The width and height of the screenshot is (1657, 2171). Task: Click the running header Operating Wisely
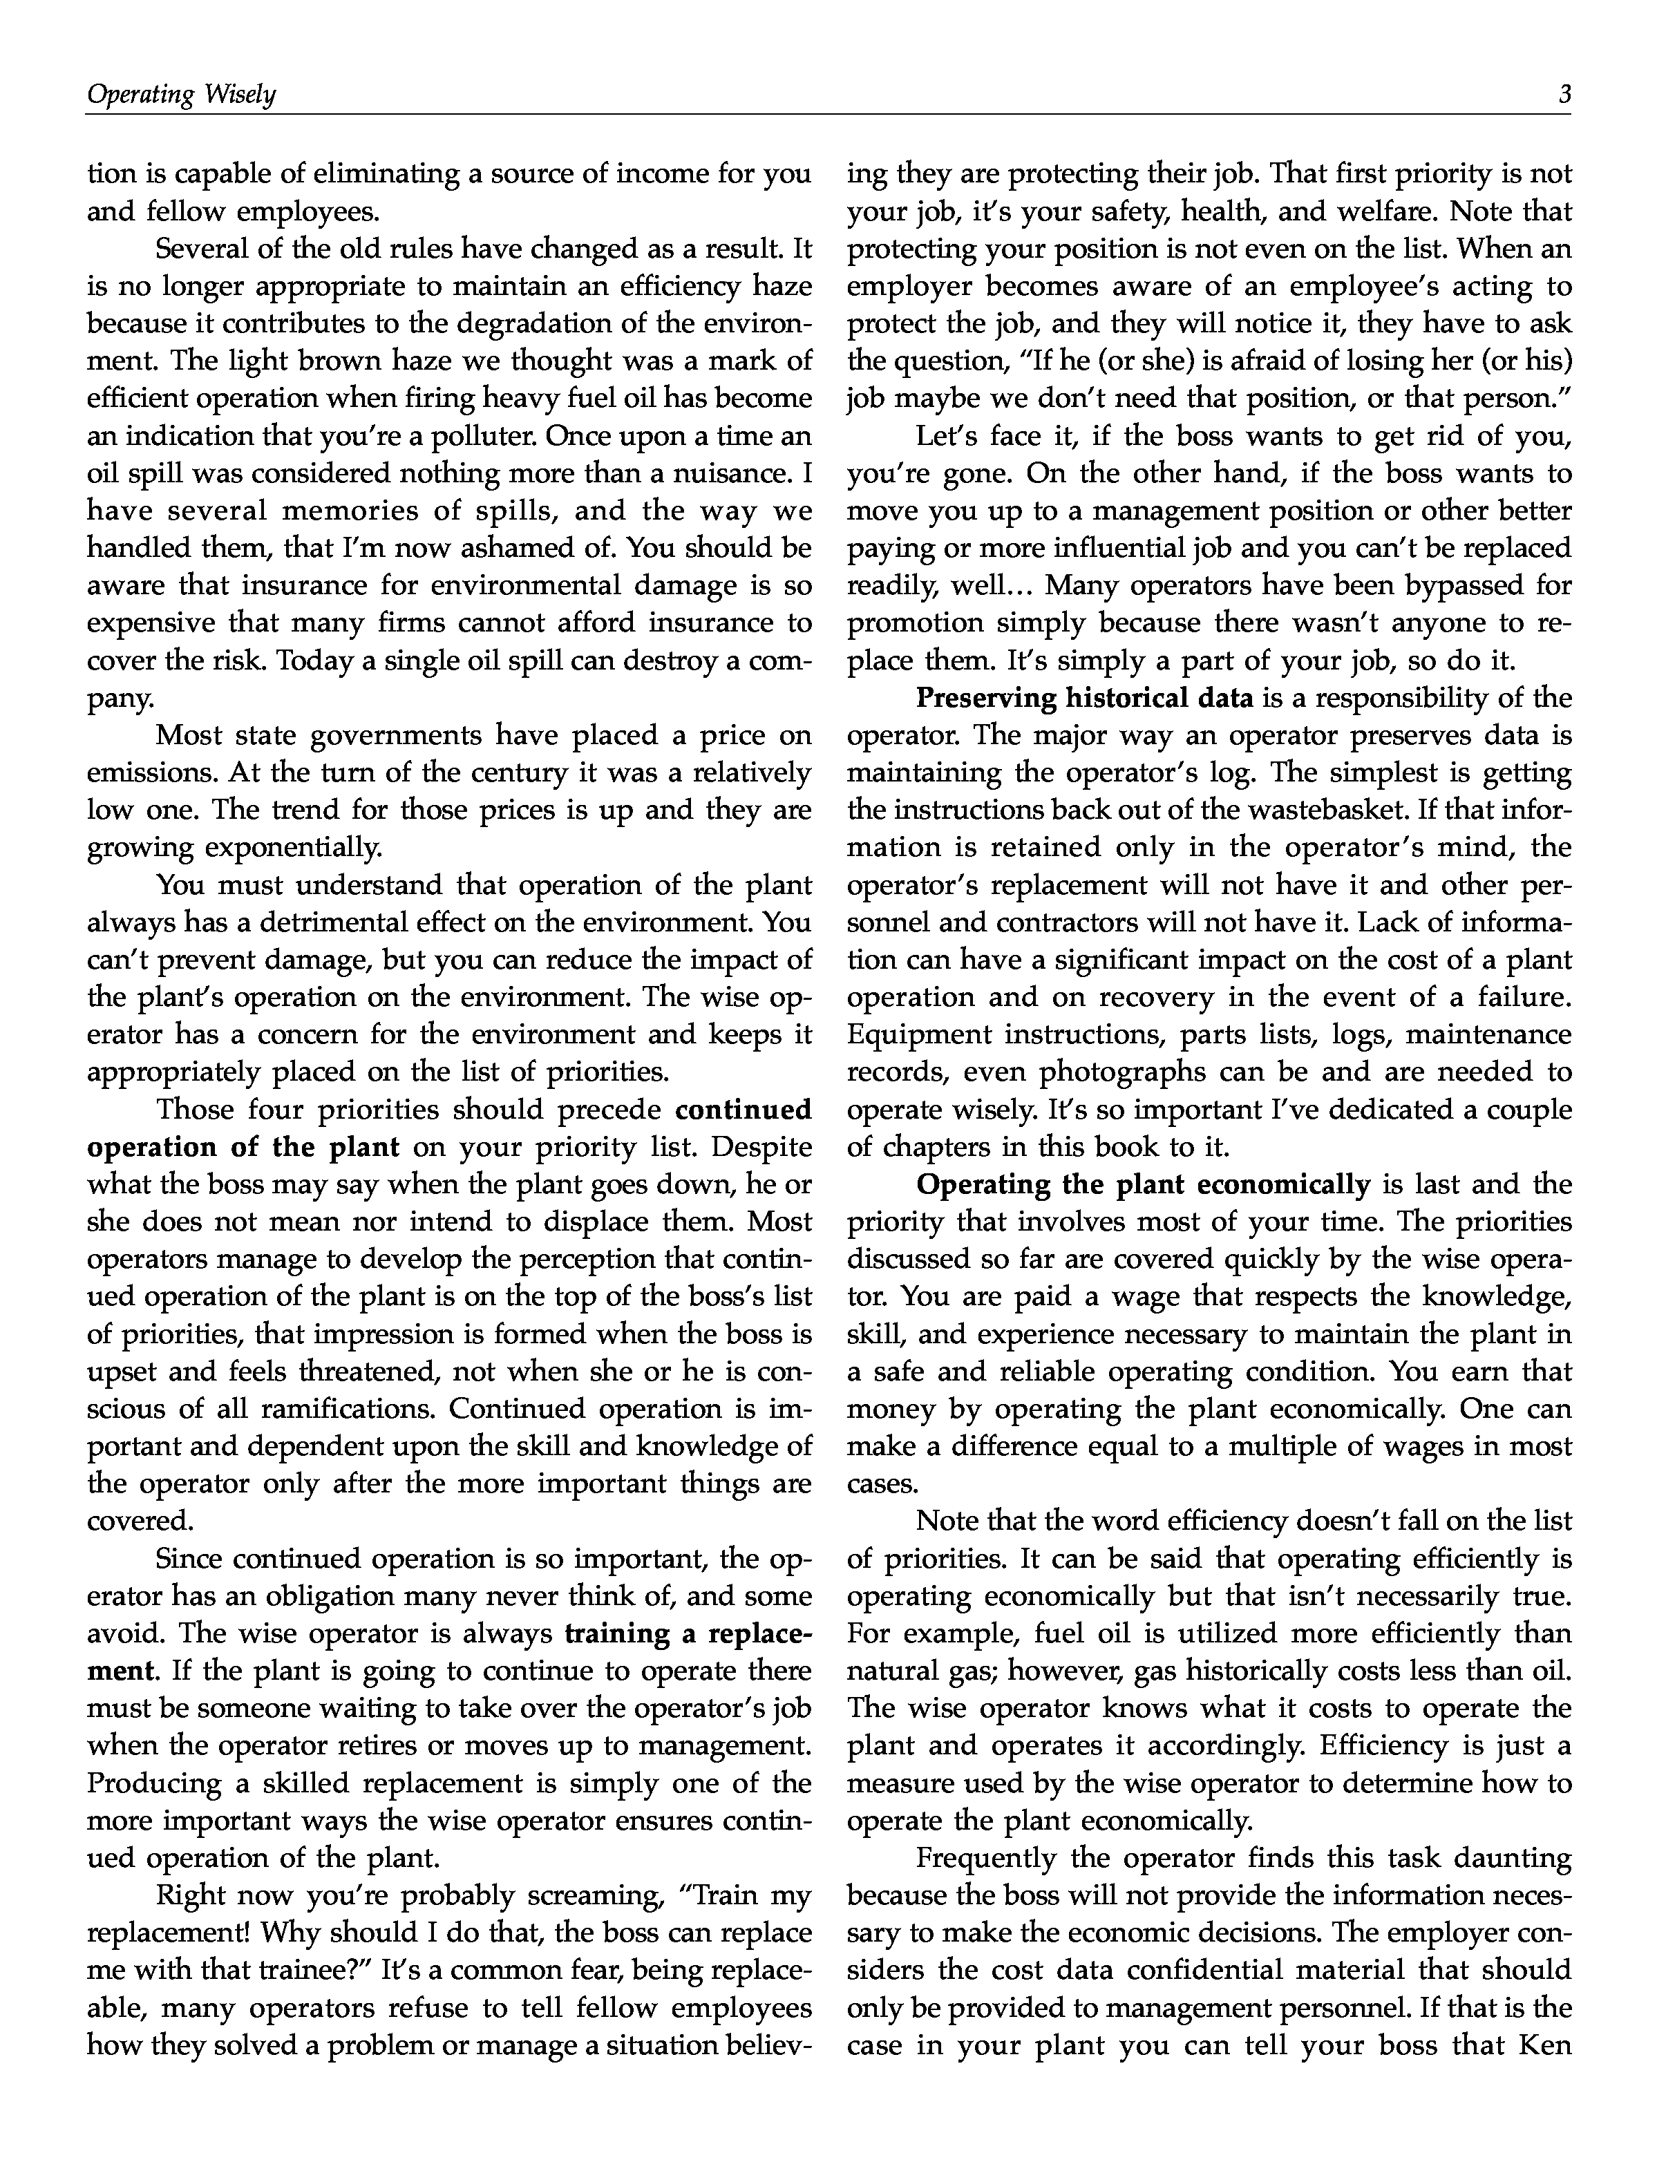coord(182,95)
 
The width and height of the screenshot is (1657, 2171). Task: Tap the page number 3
coord(1563,95)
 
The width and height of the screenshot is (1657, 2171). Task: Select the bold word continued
coord(743,1110)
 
